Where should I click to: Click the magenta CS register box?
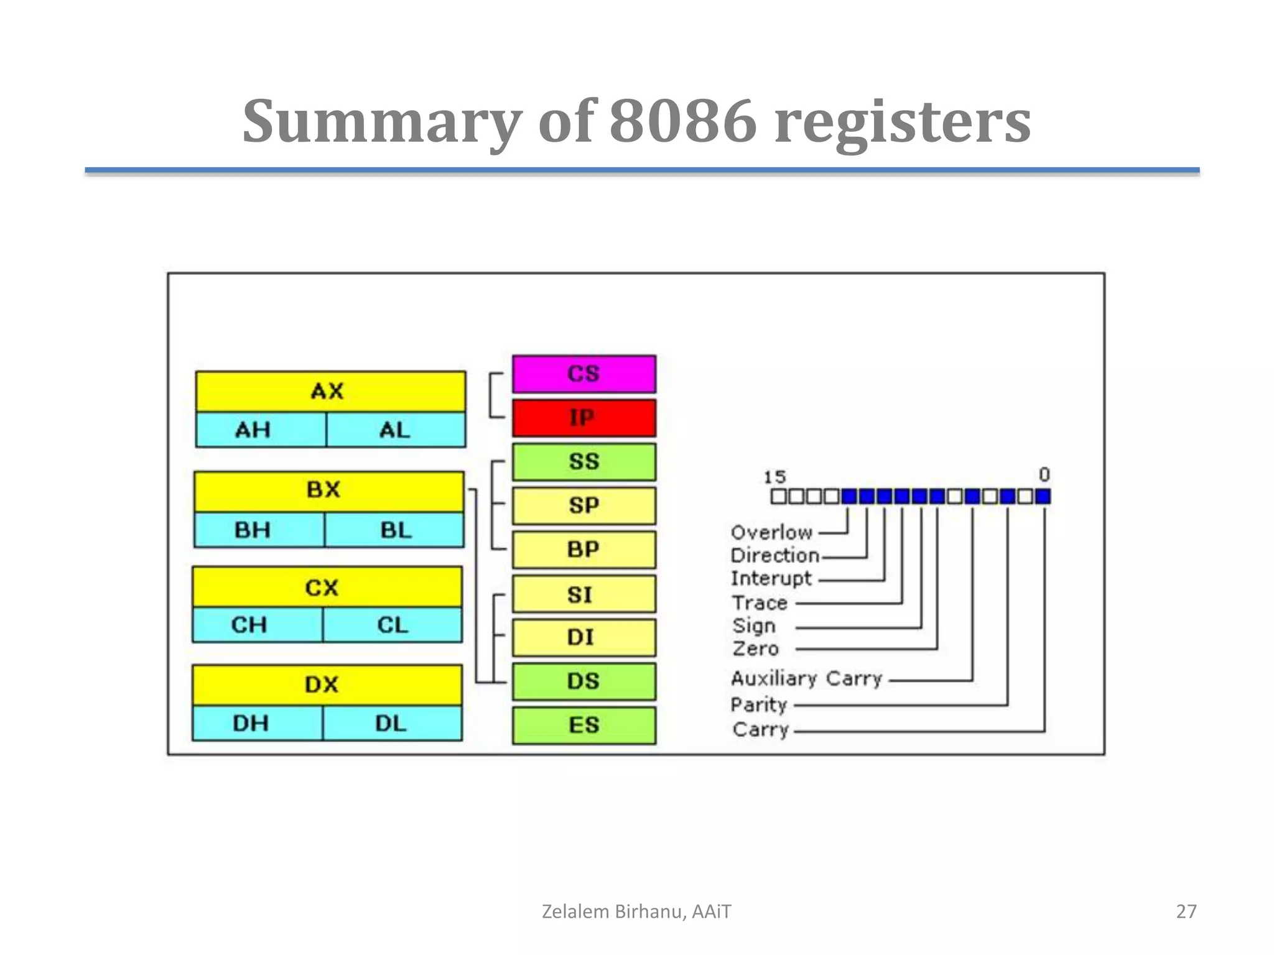[584, 374]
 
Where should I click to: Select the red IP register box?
[584, 418]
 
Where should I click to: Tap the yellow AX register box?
[330, 391]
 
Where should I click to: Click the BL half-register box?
[394, 530]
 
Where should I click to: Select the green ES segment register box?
[584, 725]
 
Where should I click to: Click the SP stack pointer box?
[584, 505]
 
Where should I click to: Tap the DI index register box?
[584, 637]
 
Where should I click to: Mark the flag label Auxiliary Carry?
[806, 678]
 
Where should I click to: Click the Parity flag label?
[759, 704]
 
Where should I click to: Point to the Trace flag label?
[760, 602]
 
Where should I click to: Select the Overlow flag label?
[771, 532]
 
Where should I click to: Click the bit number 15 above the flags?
[774, 477]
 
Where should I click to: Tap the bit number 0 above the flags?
[1044, 475]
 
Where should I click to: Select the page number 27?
[1186, 911]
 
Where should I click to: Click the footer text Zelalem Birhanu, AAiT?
[636, 911]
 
